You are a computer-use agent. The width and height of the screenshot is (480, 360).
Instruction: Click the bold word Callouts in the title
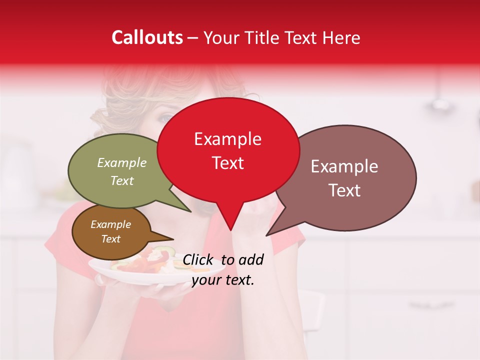click(x=147, y=37)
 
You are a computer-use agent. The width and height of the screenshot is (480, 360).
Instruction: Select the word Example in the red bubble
click(x=227, y=139)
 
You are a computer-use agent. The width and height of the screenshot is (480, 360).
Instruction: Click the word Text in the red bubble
click(x=227, y=163)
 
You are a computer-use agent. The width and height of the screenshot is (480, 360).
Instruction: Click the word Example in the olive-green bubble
click(x=122, y=162)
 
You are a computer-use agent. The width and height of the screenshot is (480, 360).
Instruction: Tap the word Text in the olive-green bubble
click(x=122, y=180)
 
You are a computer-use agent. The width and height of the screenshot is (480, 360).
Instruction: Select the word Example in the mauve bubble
click(x=344, y=166)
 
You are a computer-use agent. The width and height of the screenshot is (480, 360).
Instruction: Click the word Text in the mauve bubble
click(x=344, y=190)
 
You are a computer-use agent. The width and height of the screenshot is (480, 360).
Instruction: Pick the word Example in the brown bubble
click(x=110, y=224)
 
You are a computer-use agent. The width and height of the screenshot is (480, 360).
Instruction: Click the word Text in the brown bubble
click(x=110, y=239)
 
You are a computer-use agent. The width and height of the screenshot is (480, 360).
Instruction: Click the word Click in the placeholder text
click(x=198, y=259)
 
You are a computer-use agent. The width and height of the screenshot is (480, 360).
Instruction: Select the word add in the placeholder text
click(x=250, y=259)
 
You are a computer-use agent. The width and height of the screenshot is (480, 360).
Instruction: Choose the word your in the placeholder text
click(x=206, y=280)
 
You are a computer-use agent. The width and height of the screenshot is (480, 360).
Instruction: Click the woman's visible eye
click(x=164, y=118)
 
